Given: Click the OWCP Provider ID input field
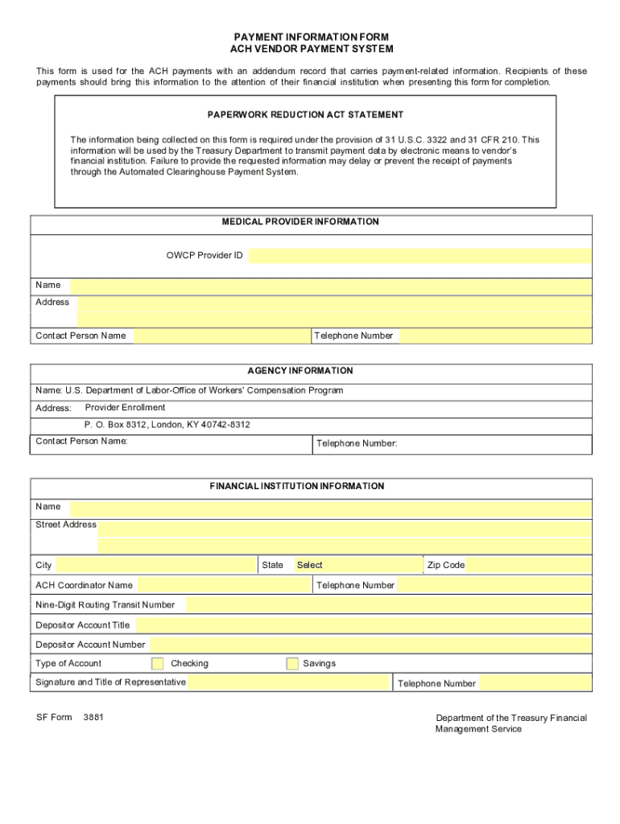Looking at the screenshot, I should pos(419,256).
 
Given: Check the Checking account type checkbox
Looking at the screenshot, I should pos(158,664).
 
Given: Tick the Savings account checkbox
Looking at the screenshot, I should pos(293,664).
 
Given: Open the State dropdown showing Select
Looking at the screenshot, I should pos(358,565).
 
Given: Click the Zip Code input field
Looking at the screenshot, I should pos(529,565).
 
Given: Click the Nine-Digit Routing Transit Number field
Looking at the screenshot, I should pos(388,604).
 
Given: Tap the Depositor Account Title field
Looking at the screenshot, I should pos(363,624).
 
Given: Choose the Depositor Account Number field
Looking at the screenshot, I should pos(370,645).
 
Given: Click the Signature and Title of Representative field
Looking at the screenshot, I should pos(289,682).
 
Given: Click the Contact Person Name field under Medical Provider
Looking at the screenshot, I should pos(221,336).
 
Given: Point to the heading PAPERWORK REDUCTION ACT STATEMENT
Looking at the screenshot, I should pos(305,115).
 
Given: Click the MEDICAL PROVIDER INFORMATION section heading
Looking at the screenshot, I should pos(312,221).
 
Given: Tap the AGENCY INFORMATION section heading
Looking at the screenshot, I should pos(312,371).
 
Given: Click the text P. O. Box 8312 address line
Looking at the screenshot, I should pos(167,424).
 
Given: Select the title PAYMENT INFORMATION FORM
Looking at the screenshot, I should pos(311,37).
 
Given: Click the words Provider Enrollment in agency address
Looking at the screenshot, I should pos(125,407).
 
